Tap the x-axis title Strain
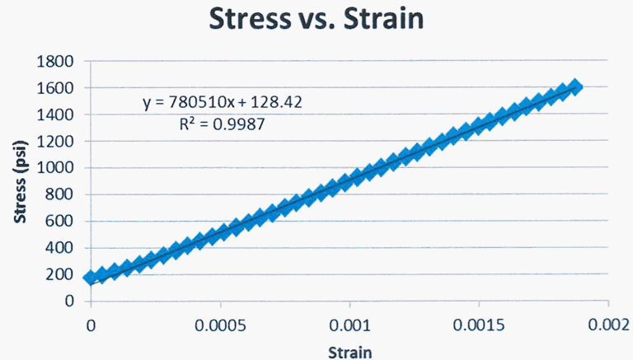click(x=349, y=352)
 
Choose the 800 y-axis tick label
click(x=60, y=194)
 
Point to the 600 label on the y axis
click(x=60, y=222)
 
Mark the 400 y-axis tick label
click(x=60, y=248)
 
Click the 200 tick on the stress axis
click(x=60, y=274)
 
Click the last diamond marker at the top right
click(x=574, y=87)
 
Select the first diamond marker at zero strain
click(x=91, y=278)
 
